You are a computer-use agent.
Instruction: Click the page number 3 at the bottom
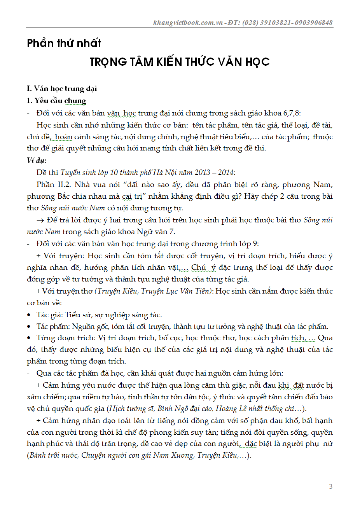[330, 486]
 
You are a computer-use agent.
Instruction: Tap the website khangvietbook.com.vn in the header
[188, 23]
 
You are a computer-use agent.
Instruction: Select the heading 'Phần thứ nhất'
[64, 43]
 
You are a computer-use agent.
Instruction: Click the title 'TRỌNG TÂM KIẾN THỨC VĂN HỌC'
[180, 62]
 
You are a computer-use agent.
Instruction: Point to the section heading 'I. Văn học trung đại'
[62, 89]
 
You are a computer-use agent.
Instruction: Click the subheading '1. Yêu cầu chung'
[56, 101]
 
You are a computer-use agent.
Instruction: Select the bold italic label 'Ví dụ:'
[37, 160]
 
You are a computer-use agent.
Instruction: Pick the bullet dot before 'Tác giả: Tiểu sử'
[29, 315]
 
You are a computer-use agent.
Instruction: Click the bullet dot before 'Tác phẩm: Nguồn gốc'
[29, 327]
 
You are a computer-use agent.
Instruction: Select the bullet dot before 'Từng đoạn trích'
[29, 338]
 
